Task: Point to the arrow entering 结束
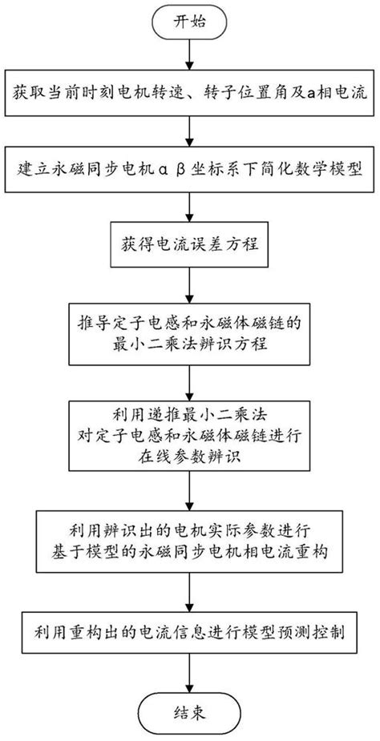click(190, 674)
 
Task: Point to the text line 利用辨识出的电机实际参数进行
click(190, 530)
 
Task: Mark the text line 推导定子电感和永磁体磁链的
click(190, 324)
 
